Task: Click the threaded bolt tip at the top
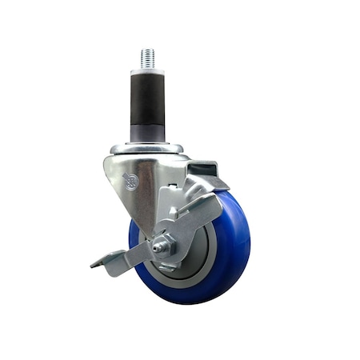pos(147,56)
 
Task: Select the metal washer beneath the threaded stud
pos(147,70)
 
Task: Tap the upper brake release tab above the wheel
pos(205,170)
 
